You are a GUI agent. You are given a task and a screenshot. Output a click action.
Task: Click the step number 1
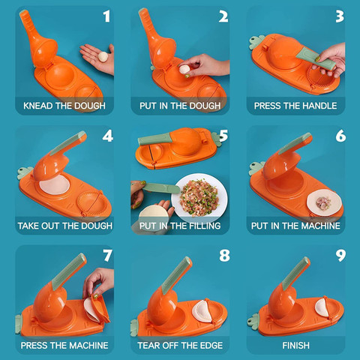click(x=106, y=16)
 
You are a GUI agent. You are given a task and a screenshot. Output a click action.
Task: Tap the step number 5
click(x=223, y=136)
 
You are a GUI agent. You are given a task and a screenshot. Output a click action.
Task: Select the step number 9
click(x=340, y=256)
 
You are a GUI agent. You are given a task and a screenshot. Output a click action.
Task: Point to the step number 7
click(x=108, y=256)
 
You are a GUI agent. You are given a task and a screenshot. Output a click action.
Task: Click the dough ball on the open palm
click(x=103, y=57)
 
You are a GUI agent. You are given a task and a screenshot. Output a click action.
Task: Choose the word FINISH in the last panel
click(x=295, y=346)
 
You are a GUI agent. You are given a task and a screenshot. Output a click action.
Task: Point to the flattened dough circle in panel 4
click(x=55, y=184)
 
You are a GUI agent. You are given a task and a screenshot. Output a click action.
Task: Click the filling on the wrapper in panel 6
click(x=323, y=202)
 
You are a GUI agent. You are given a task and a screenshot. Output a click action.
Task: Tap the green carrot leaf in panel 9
click(x=254, y=321)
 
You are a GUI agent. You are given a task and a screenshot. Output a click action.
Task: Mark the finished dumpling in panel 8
click(x=202, y=310)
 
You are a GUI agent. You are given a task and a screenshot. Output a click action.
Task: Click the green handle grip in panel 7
click(x=68, y=269)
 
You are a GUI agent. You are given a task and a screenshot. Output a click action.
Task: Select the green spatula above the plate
click(x=162, y=187)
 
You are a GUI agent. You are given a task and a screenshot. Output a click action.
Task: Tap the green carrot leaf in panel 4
click(x=25, y=172)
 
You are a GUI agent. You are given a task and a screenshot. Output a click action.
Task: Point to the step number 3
click(x=340, y=16)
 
